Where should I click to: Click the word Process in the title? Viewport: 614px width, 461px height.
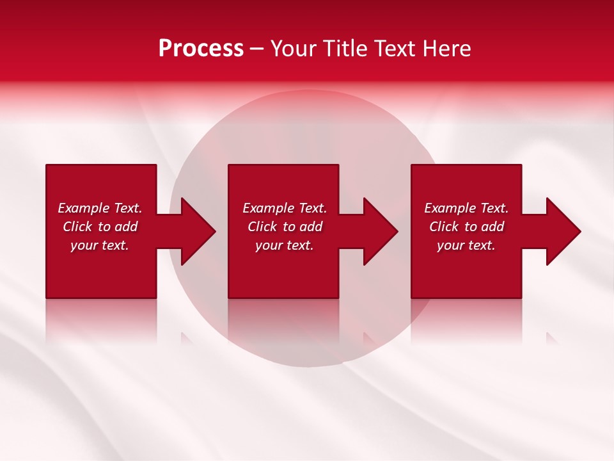(x=201, y=49)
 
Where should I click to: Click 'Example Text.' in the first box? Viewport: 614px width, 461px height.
(x=100, y=208)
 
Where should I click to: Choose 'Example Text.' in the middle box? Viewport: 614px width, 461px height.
(x=285, y=208)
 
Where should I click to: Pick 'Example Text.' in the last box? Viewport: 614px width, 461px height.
(x=466, y=208)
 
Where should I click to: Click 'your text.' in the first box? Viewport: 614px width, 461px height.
(x=100, y=245)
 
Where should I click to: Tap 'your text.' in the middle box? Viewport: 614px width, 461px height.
(x=285, y=245)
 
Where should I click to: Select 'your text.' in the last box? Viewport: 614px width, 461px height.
(x=466, y=245)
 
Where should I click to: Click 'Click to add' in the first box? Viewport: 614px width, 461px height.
(x=100, y=227)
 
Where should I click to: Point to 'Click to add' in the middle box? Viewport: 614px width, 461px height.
(x=285, y=227)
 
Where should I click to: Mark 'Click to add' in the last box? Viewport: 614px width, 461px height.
(x=466, y=227)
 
